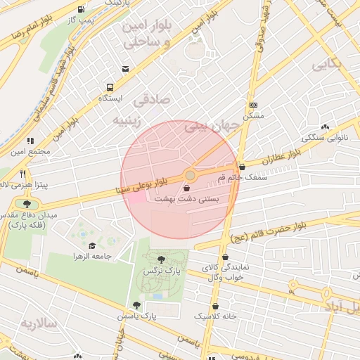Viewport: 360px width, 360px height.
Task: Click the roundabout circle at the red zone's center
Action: (x=190, y=174)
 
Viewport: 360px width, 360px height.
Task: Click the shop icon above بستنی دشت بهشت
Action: (x=186, y=188)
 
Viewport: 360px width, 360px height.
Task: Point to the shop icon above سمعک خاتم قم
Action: (x=243, y=167)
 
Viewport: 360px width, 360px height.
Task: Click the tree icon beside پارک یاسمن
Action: (x=136, y=305)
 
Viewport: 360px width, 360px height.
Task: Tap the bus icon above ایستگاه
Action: (x=110, y=87)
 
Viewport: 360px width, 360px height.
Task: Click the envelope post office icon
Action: (x=125, y=68)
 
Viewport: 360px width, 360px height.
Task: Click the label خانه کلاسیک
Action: (x=215, y=317)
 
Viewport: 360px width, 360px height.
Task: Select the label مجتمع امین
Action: (x=30, y=151)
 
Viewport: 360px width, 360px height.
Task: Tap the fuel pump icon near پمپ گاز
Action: (x=83, y=10)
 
